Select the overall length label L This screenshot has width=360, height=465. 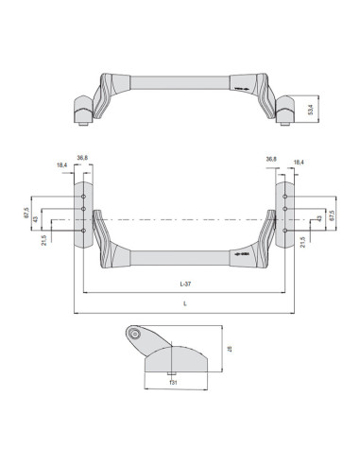[x=184, y=302]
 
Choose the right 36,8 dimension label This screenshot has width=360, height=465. [x=272, y=159]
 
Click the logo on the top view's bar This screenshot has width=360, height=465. [x=242, y=93]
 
